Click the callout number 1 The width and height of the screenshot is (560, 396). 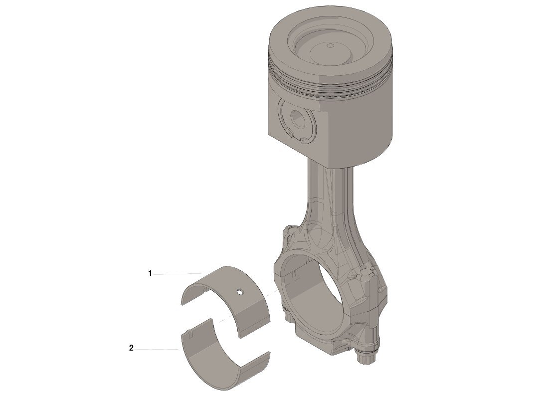[150, 273]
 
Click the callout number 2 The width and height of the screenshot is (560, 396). [131, 348]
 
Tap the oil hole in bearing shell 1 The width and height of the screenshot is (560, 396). [240, 292]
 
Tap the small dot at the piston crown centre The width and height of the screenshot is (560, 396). [330, 46]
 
